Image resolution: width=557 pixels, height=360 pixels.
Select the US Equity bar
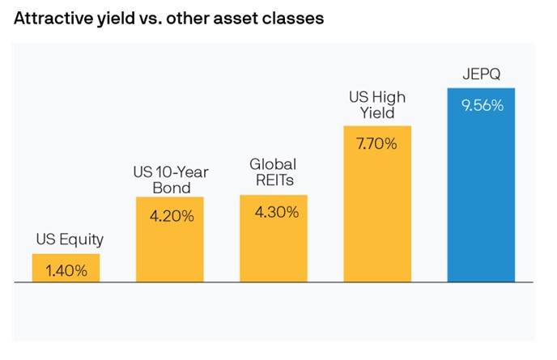tap(66, 269)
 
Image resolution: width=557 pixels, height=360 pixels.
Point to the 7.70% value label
tap(377, 144)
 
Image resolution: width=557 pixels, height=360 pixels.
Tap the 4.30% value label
tap(274, 213)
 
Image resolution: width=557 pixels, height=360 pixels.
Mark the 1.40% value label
tap(66, 271)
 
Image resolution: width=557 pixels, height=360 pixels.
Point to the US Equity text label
tap(70, 239)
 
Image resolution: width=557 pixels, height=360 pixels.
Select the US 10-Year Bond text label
tap(168, 180)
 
